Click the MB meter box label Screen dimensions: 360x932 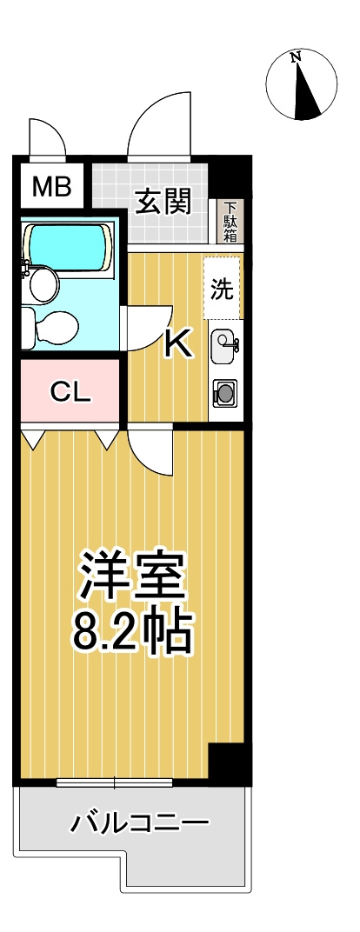coord(51,187)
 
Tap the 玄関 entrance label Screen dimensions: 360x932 coord(164,202)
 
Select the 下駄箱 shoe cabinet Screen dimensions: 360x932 coord(230,222)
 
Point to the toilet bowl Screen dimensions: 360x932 coord(50,328)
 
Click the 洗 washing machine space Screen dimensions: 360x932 coord(223,288)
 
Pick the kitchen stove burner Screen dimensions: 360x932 coord(225,393)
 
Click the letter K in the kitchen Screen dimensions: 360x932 coord(179,343)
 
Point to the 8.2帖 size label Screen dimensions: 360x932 coord(132,631)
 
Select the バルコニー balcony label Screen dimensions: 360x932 coord(140,824)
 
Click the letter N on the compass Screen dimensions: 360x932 coord(296,57)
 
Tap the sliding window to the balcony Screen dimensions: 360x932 coord(115,782)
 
